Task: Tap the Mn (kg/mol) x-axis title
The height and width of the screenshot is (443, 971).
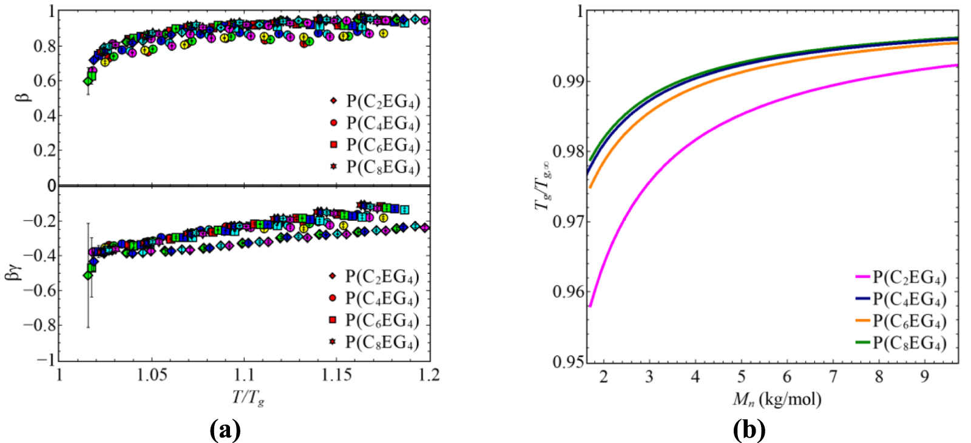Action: click(777, 399)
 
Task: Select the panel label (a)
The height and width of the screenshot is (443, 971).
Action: click(225, 430)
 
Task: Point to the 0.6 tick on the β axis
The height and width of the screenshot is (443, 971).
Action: click(43, 80)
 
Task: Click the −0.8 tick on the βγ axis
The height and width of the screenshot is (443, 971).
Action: click(38, 325)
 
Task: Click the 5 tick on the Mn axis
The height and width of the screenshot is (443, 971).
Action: click(741, 377)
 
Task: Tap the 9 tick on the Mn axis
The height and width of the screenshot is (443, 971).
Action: click(924, 377)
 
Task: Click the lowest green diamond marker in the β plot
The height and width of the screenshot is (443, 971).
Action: click(88, 81)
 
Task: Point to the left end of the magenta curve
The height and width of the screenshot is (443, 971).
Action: click(590, 306)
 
